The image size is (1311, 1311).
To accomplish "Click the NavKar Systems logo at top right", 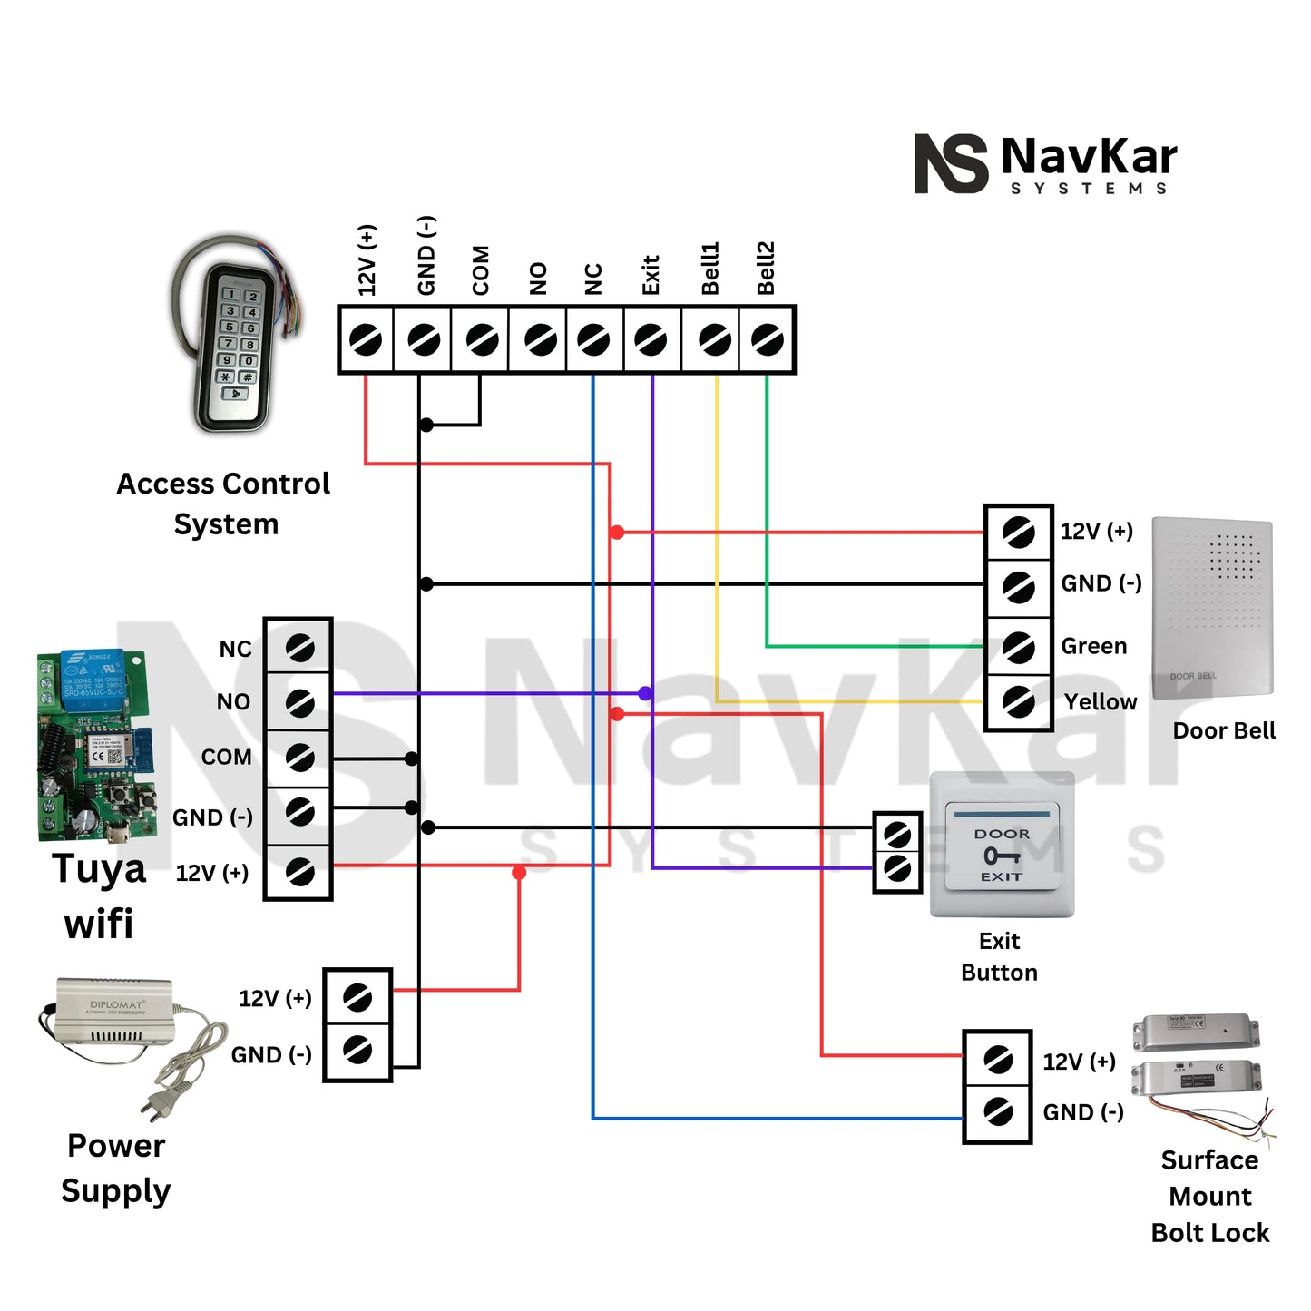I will pyautogui.click(x=1045, y=164).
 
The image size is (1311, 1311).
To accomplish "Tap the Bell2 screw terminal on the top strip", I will pyautogui.click(x=768, y=340).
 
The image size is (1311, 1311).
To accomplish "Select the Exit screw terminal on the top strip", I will pyautogui.click(x=651, y=340).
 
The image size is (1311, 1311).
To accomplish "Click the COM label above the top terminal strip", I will pyautogui.click(x=480, y=270).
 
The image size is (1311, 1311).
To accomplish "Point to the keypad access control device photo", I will pyautogui.click(x=233, y=336).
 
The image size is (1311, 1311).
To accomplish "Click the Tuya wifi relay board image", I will pyautogui.click(x=94, y=746).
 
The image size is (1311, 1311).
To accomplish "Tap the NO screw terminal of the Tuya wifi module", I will pyautogui.click(x=299, y=701).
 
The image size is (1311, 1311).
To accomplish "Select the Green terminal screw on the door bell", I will pyautogui.click(x=1018, y=647).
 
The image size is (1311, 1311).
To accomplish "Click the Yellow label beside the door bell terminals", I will pyautogui.click(x=1100, y=701).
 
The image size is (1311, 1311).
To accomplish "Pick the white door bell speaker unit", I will pyautogui.click(x=1212, y=607).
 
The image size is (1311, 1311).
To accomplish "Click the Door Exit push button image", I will pyautogui.click(x=1002, y=846).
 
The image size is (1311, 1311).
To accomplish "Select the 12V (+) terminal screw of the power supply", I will pyautogui.click(x=357, y=998).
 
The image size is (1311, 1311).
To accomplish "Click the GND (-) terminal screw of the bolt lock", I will pyautogui.click(x=998, y=1111).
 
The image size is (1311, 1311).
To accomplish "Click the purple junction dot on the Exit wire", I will pyautogui.click(x=645, y=694).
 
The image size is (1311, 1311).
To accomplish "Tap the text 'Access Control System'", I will pyautogui.click(x=224, y=504).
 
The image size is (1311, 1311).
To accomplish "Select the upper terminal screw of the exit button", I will pyautogui.click(x=897, y=833).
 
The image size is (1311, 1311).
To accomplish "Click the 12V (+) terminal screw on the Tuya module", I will pyautogui.click(x=299, y=872).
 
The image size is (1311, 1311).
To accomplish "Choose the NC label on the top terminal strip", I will pyautogui.click(x=592, y=279).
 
